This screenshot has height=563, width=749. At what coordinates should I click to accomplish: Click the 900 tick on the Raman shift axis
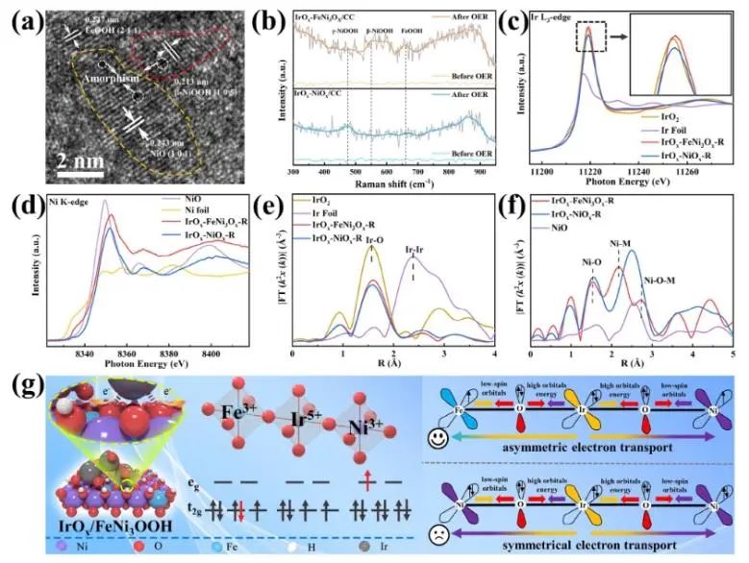[x=473, y=171]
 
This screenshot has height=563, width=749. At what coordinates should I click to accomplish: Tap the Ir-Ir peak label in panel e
[x=413, y=257]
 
